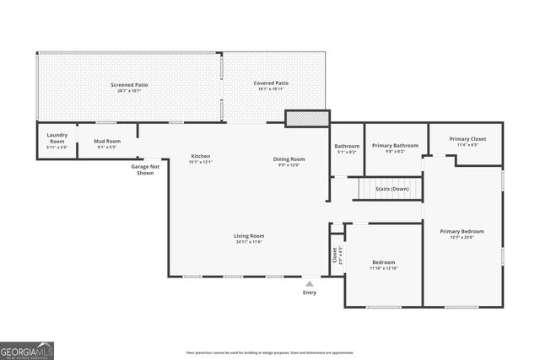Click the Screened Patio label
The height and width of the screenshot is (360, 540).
[x=129, y=85]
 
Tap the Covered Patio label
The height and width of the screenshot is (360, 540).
[x=271, y=83]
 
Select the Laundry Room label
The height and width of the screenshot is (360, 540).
[x=57, y=137]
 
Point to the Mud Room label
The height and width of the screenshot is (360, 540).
[x=107, y=141]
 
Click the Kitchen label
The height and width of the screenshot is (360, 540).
[x=200, y=156]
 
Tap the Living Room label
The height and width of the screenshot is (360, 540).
[x=249, y=235]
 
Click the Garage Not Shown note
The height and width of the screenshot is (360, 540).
[x=142, y=171]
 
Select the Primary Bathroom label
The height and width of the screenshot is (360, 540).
[x=395, y=146]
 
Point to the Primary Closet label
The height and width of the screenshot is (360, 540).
[x=467, y=138]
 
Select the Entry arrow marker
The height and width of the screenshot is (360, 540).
[x=309, y=284]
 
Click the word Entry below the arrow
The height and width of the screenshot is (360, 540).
[x=309, y=293]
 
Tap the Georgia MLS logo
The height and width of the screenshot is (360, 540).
[x=27, y=349]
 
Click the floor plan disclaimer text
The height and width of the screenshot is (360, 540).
[x=269, y=352]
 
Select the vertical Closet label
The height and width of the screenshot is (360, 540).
[x=335, y=254]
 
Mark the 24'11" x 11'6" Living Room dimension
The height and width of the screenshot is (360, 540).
[x=249, y=242]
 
